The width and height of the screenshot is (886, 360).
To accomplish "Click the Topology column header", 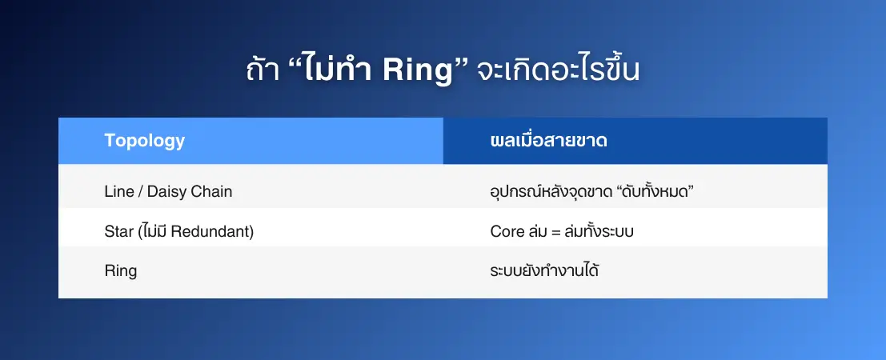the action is pyautogui.click(x=145, y=140).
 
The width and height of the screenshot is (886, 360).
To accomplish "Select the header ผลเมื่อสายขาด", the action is pyautogui.click(x=549, y=140).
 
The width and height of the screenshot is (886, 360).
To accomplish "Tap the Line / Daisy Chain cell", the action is pyautogui.click(x=168, y=191).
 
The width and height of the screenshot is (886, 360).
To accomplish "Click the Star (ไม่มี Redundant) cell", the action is pyautogui.click(x=179, y=231).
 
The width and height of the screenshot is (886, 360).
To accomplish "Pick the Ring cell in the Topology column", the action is pyautogui.click(x=121, y=271).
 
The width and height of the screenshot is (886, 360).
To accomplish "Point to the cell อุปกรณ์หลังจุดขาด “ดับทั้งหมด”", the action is pyautogui.click(x=591, y=191).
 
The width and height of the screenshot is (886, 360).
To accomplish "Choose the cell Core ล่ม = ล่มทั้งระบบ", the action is pyautogui.click(x=562, y=231).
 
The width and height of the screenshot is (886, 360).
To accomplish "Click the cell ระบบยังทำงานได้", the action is pyautogui.click(x=544, y=270).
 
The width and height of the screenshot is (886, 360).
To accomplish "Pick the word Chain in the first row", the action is pyautogui.click(x=211, y=191).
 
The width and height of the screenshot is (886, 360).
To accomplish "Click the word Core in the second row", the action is pyautogui.click(x=507, y=231).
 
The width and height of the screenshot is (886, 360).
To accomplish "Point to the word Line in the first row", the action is pyautogui.click(x=119, y=191).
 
